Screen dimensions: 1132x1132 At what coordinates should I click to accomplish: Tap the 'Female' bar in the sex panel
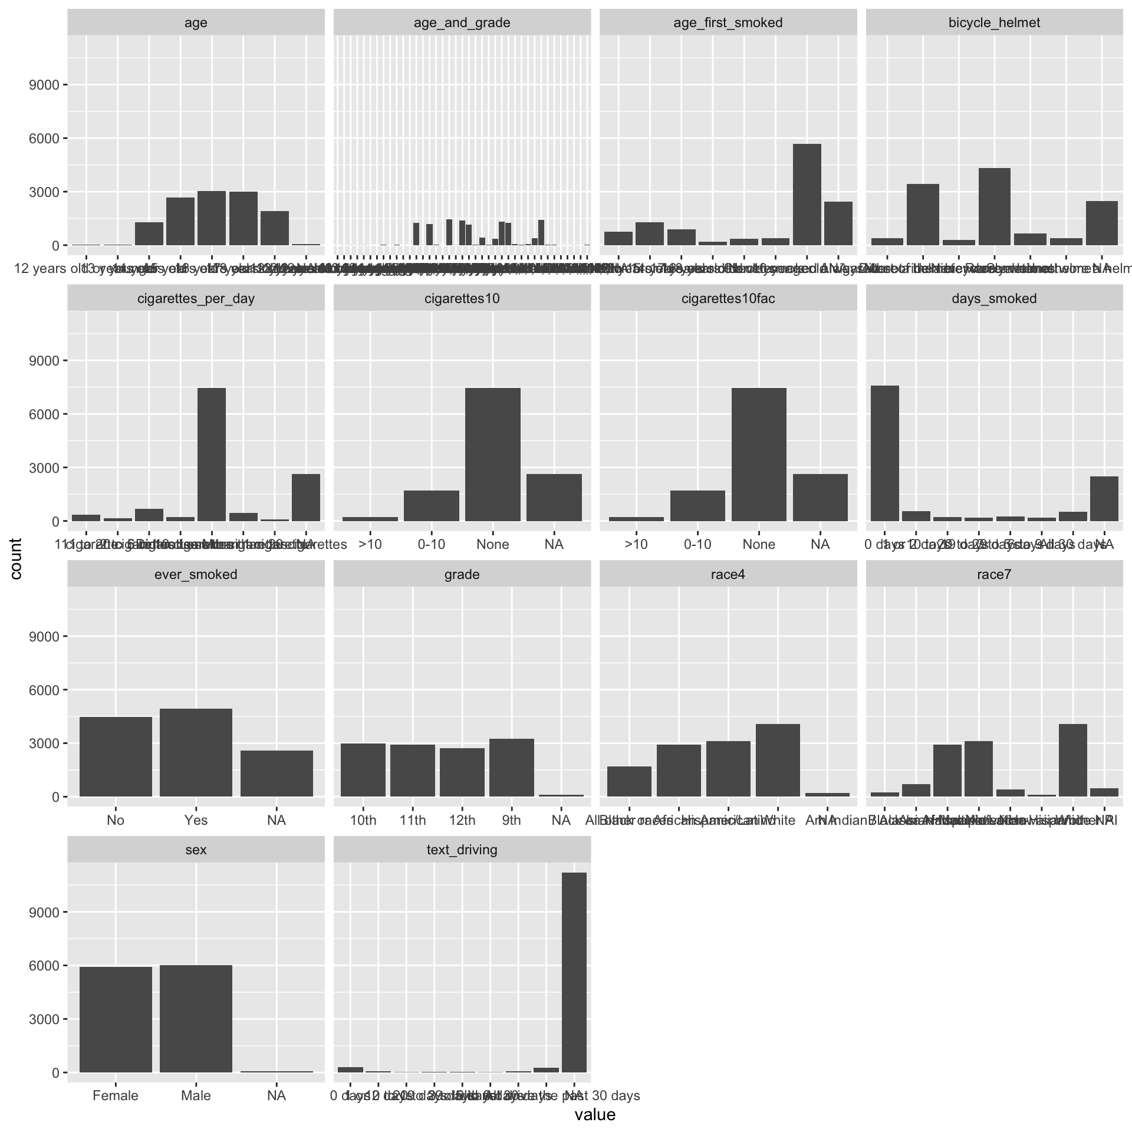(116, 1019)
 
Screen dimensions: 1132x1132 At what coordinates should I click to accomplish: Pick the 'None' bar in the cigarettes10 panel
(492, 454)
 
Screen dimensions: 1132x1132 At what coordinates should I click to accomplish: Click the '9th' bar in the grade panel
(511, 767)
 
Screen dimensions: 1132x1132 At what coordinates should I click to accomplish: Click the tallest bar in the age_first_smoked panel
(807, 195)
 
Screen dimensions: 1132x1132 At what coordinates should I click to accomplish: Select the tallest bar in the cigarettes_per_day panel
(211, 454)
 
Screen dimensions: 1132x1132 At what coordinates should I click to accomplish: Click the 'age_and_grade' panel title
(462, 23)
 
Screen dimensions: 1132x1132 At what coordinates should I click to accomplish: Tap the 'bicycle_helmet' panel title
(994, 23)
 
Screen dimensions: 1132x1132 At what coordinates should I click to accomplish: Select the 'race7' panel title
(994, 574)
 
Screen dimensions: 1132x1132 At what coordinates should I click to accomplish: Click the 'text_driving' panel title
(462, 850)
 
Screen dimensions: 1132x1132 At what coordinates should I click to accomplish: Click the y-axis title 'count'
(16, 559)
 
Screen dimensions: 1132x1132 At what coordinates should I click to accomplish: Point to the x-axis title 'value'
(595, 1115)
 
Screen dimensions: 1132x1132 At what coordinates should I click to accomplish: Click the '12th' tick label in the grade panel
(462, 820)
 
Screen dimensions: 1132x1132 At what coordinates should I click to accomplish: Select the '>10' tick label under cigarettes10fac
(636, 544)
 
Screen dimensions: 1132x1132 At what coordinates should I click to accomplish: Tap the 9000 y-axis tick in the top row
(44, 85)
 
